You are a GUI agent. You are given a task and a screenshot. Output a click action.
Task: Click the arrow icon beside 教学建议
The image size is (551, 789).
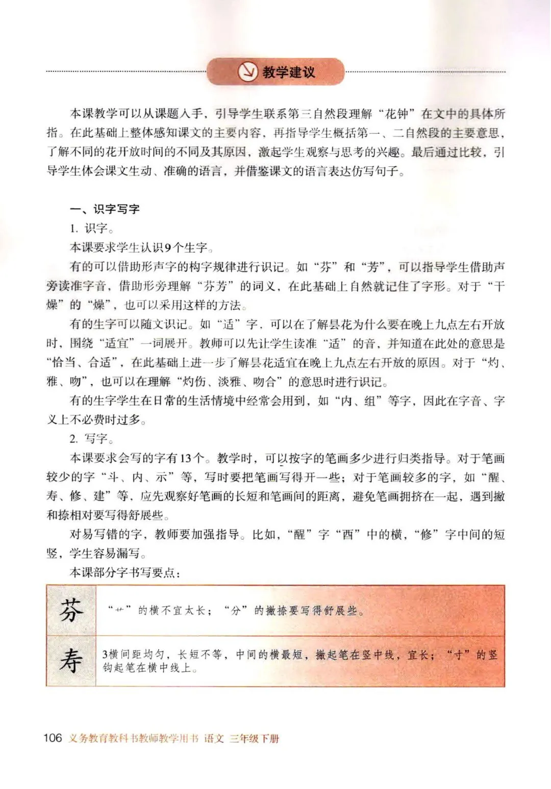(248, 72)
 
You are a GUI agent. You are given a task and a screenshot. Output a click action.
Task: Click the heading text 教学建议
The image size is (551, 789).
(289, 72)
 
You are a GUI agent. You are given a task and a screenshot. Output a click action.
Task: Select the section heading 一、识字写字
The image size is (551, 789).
(105, 209)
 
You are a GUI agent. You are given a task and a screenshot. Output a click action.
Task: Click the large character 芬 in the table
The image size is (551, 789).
(71, 610)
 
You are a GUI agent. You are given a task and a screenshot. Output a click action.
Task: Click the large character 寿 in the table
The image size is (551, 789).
(71, 661)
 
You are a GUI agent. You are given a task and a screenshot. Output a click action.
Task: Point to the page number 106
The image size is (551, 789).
(53, 738)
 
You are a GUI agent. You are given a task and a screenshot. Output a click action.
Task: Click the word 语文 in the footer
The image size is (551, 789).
(214, 739)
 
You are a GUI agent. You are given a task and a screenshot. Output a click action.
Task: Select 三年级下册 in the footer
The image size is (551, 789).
(254, 739)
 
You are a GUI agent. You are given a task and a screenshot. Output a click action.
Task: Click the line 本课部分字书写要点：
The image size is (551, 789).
(124, 573)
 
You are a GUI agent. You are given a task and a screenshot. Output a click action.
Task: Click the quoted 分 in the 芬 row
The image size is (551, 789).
(235, 610)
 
